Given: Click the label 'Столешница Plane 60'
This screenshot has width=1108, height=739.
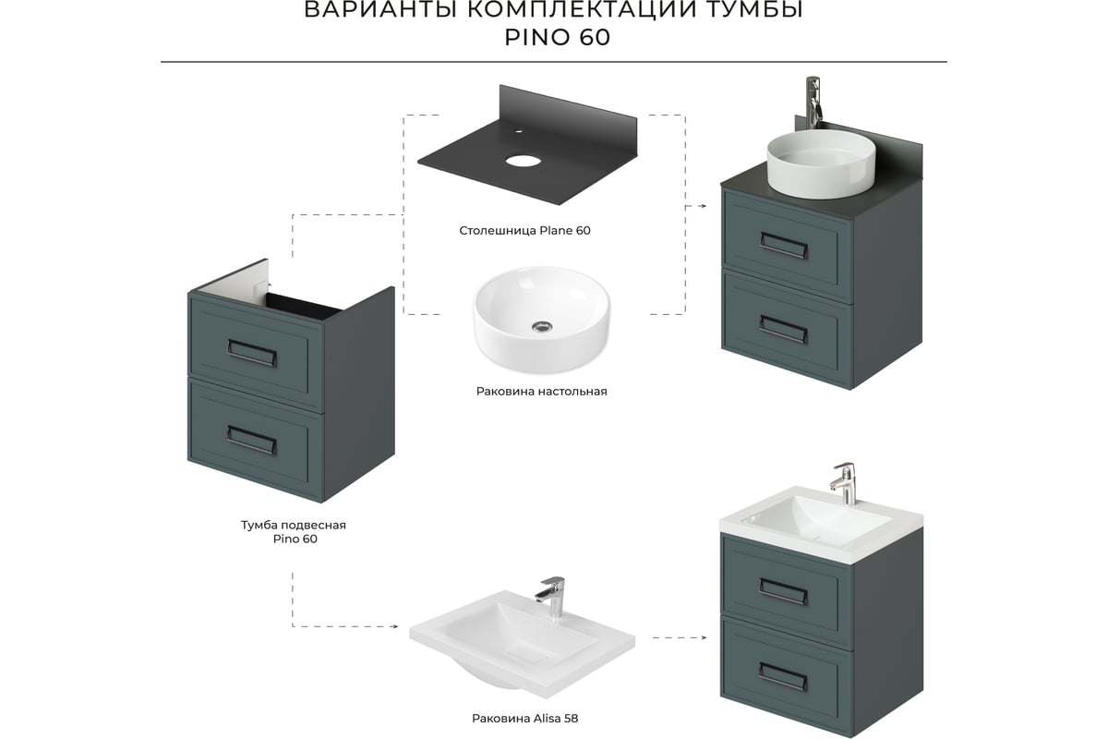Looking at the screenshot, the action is point(524,231).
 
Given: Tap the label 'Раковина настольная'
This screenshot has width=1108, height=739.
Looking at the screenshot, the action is point(541,392).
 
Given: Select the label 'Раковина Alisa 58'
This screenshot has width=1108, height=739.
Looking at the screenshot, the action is point(524,718).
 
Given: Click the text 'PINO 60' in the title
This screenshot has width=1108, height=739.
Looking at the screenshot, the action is point(557,37).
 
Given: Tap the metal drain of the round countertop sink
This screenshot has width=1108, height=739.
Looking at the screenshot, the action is point(542,326).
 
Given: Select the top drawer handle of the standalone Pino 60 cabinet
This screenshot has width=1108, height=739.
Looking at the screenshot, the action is point(252,353).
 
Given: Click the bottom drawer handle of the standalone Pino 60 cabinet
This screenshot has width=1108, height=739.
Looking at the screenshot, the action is point(252,440).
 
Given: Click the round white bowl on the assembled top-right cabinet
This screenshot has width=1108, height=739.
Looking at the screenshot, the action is point(821,164).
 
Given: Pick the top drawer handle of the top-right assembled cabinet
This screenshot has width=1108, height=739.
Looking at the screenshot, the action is point(784,246).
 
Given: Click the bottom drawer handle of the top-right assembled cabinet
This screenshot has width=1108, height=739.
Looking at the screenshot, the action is point(784,330).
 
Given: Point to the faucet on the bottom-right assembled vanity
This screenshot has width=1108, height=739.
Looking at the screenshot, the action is point(844,483).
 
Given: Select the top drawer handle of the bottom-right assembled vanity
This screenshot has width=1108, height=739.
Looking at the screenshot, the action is point(783,592).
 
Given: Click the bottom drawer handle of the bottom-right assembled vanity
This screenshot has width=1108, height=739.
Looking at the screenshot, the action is point(783,676).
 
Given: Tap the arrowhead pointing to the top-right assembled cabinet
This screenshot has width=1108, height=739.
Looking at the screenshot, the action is point(704,206).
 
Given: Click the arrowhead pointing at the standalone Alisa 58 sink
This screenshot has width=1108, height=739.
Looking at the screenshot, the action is point(395,626).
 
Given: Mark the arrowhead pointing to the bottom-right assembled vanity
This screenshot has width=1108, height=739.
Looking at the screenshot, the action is point(704,637).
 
